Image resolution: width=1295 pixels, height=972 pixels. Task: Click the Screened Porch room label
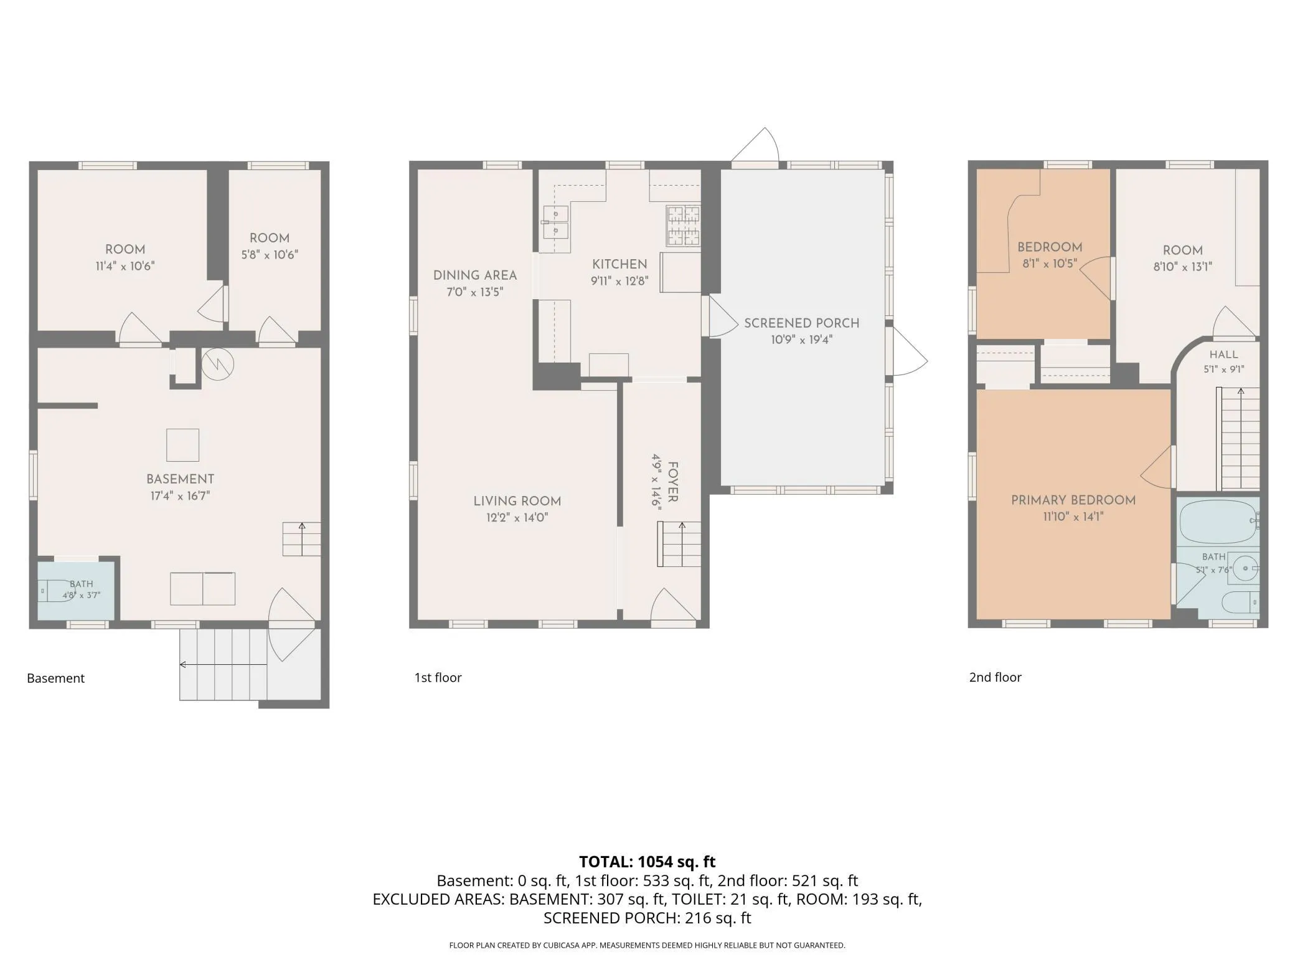click(801, 323)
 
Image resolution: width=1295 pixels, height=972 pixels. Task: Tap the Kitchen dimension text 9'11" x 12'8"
click(619, 281)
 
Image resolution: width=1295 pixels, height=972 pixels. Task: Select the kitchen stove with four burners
click(684, 226)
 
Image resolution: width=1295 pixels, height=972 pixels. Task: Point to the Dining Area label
click(475, 275)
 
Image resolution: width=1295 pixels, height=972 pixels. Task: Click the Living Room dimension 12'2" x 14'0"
click(517, 517)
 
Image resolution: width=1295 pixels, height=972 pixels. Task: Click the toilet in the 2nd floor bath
click(1240, 603)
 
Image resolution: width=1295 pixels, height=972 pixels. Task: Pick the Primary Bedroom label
click(1073, 500)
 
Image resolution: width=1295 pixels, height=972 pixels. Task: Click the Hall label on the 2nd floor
click(1223, 355)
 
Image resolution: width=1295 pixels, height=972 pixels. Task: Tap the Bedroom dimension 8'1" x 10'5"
click(1050, 264)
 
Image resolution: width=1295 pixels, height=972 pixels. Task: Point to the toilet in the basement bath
click(54, 590)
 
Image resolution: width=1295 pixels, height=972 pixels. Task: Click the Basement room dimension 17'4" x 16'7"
click(180, 496)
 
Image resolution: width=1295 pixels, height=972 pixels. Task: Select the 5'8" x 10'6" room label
click(270, 246)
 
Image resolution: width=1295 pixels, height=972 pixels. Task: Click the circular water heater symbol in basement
click(216, 364)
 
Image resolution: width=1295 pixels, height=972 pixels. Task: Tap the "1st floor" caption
click(438, 677)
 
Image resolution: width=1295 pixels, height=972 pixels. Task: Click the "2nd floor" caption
click(995, 677)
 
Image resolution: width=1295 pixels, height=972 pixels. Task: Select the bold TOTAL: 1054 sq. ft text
click(647, 862)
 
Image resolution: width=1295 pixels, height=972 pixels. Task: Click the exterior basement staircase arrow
click(224, 665)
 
